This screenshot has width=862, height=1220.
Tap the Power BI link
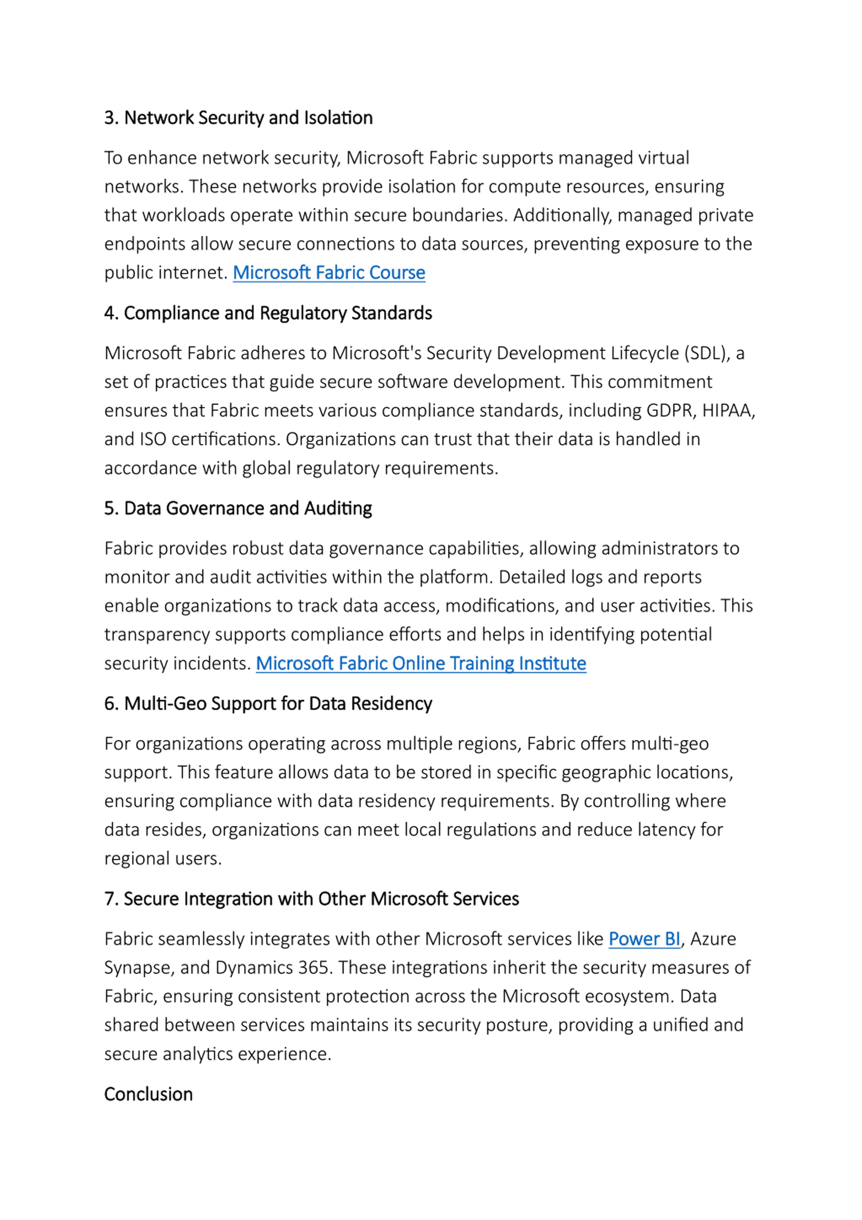click(644, 939)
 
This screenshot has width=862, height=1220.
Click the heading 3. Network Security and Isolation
click(238, 118)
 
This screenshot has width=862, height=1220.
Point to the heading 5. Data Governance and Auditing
click(238, 508)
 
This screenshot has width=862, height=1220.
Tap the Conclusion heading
click(148, 1094)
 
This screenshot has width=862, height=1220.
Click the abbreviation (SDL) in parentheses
click(707, 353)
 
